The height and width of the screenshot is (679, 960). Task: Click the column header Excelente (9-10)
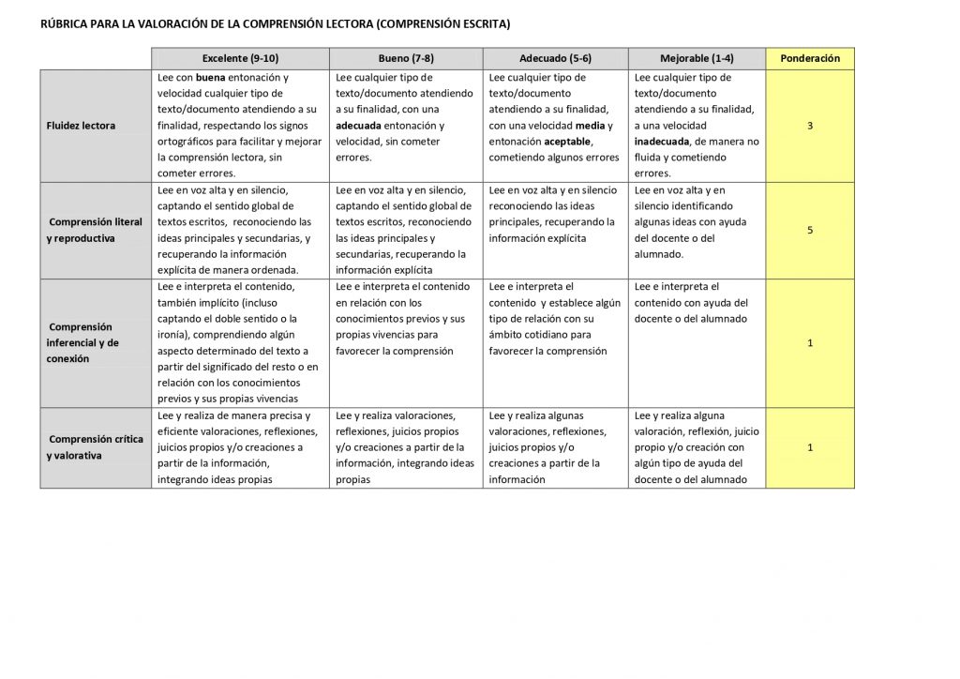pos(240,58)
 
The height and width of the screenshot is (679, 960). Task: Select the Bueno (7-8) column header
pos(406,58)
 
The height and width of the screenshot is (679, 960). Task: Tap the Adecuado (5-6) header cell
pos(555,58)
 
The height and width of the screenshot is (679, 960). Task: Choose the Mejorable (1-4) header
pos(697,58)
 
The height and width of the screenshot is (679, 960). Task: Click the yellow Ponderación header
pos(810,58)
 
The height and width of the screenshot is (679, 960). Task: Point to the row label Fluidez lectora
pos(81,126)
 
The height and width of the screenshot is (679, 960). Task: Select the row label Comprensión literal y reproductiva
pos(94,231)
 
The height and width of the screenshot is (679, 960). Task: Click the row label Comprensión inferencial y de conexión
pos(83,342)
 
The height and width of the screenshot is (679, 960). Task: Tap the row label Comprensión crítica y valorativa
pos(94,447)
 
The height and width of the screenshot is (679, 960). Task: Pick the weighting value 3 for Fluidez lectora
pos(810,126)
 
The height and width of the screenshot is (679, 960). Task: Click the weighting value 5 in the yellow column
pos(810,230)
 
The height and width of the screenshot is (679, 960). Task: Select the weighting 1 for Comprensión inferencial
pos(810,342)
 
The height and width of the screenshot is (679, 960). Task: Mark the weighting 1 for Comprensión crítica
pos(810,447)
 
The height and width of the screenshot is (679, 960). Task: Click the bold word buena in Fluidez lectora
pos(211,78)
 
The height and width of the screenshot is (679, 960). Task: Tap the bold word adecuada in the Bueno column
pos(364,126)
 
